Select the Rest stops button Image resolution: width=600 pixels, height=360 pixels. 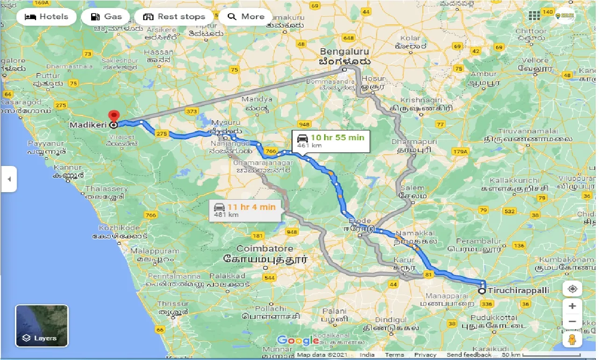[x=174, y=17]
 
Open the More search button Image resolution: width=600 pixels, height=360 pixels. [x=246, y=17]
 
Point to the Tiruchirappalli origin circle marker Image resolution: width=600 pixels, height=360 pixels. [x=482, y=291]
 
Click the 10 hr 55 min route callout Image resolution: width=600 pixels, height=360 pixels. [x=331, y=140]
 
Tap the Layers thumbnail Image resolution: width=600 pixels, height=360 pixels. [x=42, y=326]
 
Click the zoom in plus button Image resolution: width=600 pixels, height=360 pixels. [x=572, y=306]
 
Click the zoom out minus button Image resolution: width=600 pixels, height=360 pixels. [x=572, y=322]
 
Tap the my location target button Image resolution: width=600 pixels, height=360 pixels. [x=572, y=289]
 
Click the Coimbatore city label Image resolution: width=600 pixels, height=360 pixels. [x=264, y=248]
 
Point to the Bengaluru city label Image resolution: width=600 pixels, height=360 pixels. [x=345, y=52]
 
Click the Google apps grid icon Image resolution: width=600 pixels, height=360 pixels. [x=534, y=16]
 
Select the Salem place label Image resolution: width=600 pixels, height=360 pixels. [x=412, y=188]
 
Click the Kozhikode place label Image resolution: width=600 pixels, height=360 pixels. [x=119, y=228]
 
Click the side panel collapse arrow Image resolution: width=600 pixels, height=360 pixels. [x=8, y=179]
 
